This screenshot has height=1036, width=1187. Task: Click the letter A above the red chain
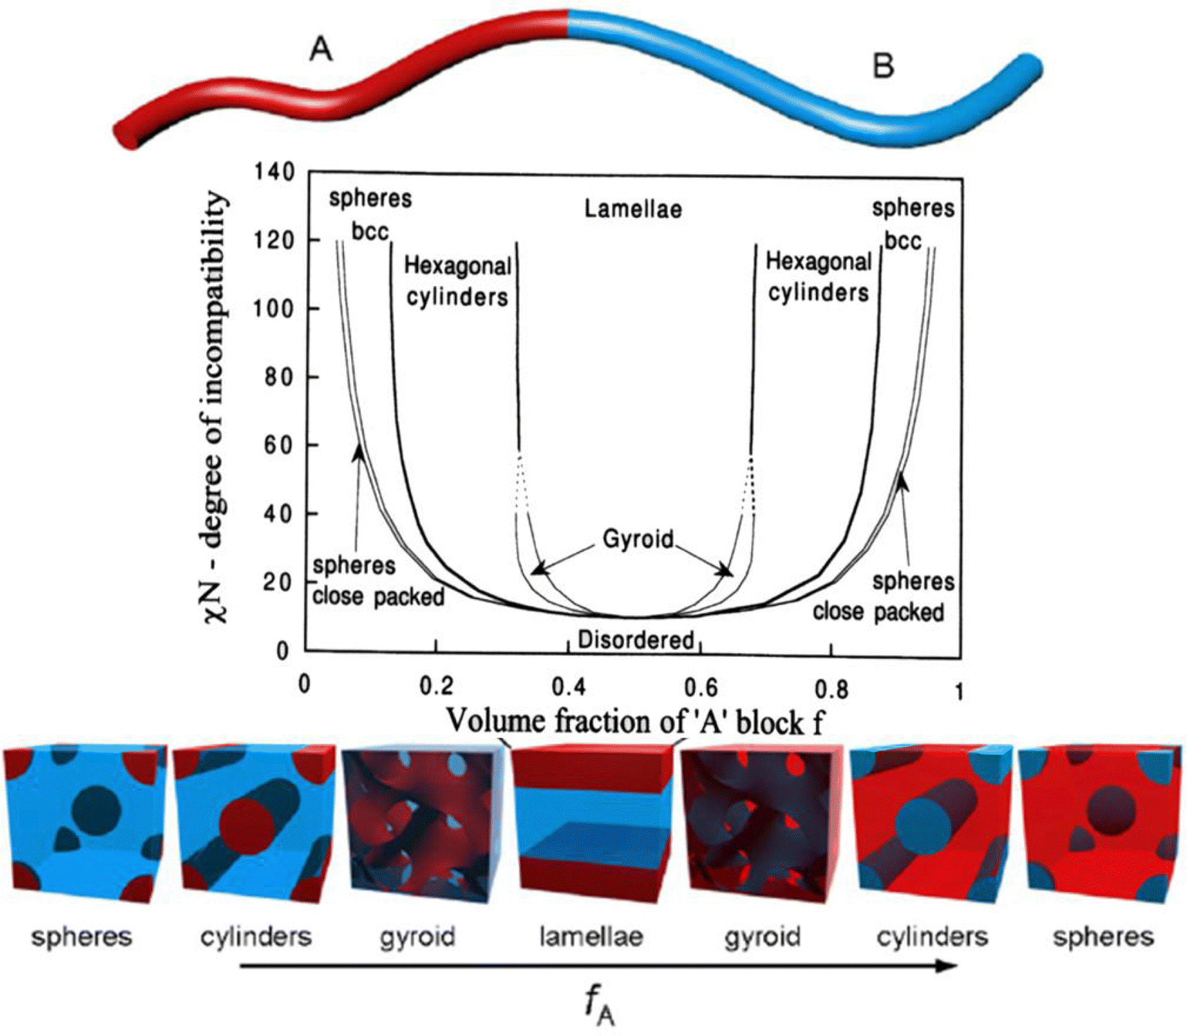coord(321,49)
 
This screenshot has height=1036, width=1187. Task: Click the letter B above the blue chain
coord(883,66)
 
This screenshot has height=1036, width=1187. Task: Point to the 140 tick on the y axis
coord(274,171)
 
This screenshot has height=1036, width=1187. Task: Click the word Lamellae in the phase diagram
coord(632,209)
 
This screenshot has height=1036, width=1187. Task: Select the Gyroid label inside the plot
coord(638,538)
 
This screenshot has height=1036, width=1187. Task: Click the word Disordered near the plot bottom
coord(636,640)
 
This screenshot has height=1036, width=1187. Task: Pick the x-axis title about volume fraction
coord(635,721)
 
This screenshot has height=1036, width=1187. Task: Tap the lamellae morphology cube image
coord(590,823)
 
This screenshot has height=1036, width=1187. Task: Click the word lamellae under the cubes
coord(590,937)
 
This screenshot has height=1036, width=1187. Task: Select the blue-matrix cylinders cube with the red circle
coord(249,823)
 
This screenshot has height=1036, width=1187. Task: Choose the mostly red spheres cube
coord(1101,823)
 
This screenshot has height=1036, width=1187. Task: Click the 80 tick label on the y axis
coord(274,377)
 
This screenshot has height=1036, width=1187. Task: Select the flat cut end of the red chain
coord(126,136)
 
